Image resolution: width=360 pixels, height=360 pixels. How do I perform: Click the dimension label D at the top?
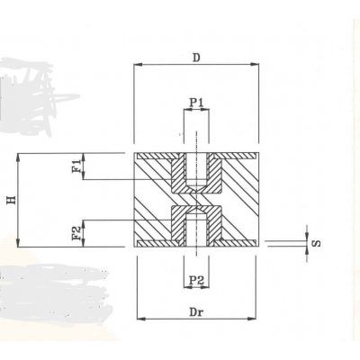[x=196, y=56]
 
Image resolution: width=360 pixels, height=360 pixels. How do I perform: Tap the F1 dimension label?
[x=78, y=166]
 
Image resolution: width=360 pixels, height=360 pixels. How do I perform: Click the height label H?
[x=11, y=201]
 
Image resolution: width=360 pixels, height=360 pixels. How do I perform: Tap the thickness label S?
[x=316, y=241]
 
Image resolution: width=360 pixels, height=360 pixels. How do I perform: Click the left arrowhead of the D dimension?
[x=138, y=65]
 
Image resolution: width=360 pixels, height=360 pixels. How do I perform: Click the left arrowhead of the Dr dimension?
[x=139, y=318]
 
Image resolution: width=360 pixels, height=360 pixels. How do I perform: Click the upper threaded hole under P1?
[x=196, y=171]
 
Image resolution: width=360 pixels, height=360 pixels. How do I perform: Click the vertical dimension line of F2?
[x=85, y=232]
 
